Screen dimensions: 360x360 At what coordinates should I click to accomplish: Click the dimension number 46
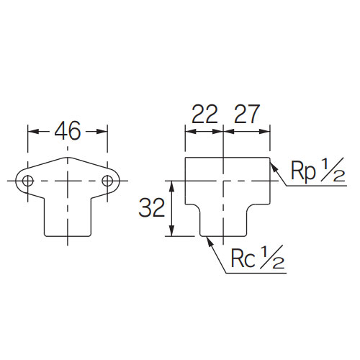coord(68,131)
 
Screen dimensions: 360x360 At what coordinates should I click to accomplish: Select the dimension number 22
coord(204,114)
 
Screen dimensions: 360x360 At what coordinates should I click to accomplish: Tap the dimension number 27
coord(247,114)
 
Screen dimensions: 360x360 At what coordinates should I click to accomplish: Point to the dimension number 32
coord(152,207)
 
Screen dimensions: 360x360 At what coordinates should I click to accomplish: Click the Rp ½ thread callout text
coord(318,170)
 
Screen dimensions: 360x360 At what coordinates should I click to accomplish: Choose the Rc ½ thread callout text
coord(258,257)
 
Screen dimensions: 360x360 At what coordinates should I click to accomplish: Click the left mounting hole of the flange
coord(28,181)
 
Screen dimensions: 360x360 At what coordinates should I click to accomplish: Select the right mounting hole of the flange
coord(107,181)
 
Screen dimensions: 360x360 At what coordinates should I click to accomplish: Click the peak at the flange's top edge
coord(68,158)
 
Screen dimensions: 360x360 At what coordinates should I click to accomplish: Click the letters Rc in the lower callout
coord(243,259)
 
